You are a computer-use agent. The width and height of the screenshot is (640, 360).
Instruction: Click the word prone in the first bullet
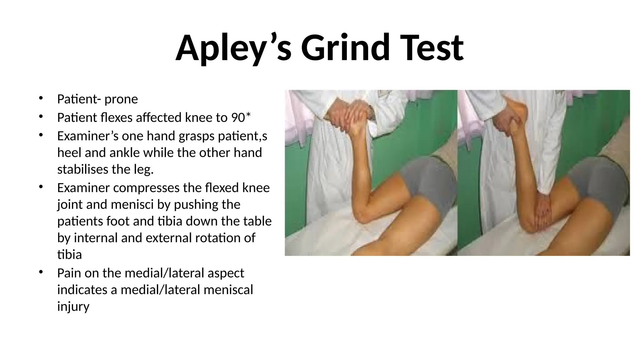[x=121, y=99]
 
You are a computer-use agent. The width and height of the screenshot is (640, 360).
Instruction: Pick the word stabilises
[x=82, y=169]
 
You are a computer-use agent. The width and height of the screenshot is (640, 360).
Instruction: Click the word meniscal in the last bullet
[x=228, y=290]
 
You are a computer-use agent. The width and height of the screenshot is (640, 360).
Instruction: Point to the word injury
[x=73, y=307]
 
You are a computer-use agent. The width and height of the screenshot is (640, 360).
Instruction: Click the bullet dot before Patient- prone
[x=40, y=98]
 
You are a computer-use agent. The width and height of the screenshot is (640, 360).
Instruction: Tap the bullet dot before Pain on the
[x=40, y=272]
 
